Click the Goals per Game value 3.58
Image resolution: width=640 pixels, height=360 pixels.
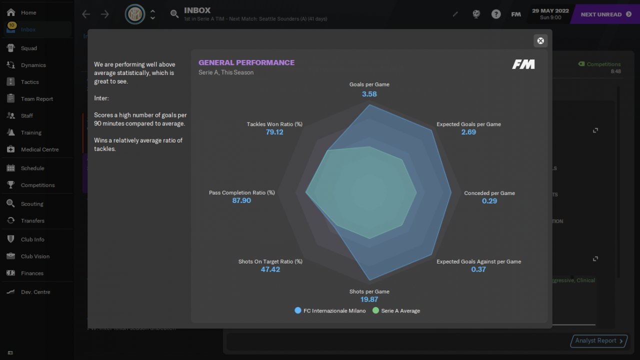369,94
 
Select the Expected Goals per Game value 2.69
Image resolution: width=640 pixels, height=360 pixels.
468,132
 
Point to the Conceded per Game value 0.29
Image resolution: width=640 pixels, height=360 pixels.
489,201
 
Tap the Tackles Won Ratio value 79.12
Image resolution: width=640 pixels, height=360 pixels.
274,132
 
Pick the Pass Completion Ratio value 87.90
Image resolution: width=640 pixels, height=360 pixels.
241,200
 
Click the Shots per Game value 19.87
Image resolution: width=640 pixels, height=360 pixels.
369,299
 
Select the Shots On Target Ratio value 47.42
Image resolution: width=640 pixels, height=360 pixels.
270,269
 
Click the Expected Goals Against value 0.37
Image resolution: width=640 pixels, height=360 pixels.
478,269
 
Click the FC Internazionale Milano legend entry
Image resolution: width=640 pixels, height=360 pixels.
330,310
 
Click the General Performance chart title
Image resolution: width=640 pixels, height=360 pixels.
246,62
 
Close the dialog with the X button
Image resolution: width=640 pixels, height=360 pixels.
540,41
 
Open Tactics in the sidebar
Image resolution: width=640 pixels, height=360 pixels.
29,82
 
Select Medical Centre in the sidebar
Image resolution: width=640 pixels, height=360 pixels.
39,149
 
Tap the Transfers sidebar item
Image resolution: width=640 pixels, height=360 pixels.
32,220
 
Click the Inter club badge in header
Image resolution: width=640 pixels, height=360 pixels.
134,14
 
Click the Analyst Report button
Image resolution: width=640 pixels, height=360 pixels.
599,341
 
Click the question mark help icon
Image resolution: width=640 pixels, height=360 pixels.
496,14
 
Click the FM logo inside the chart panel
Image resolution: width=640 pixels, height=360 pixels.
523,64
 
